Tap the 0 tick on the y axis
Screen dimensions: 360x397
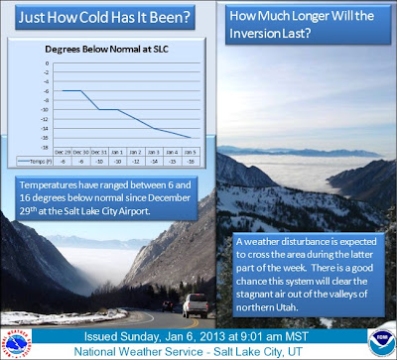point(48,62)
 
